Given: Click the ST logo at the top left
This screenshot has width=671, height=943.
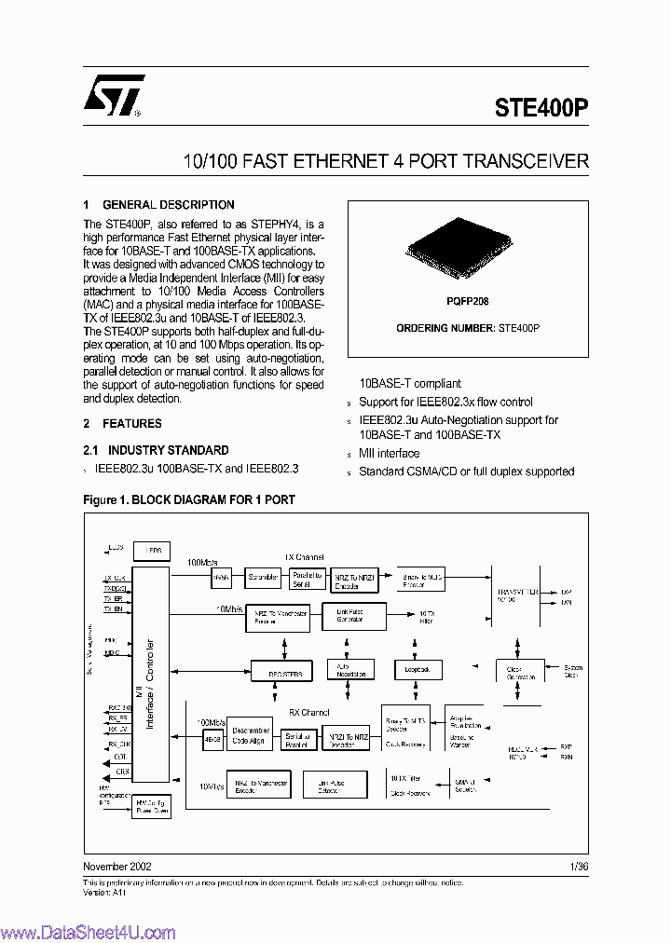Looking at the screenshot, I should (x=113, y=95).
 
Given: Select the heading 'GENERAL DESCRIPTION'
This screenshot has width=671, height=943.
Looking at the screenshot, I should (x=168, y=205).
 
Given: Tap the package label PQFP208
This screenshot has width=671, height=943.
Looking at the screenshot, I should (x=467, y=302).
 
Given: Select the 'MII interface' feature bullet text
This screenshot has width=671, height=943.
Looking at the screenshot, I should (x=389, y=454).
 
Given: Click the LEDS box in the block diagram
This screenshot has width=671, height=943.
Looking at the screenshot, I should (x=152, y=551).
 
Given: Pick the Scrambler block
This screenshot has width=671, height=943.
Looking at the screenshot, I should (x=263, y=578).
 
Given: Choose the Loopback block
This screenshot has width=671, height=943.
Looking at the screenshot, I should (x=417, y=669).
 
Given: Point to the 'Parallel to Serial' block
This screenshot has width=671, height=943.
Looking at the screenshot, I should (x=307, y=579).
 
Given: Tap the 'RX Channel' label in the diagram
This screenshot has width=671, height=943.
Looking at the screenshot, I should (x=308, y=712).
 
